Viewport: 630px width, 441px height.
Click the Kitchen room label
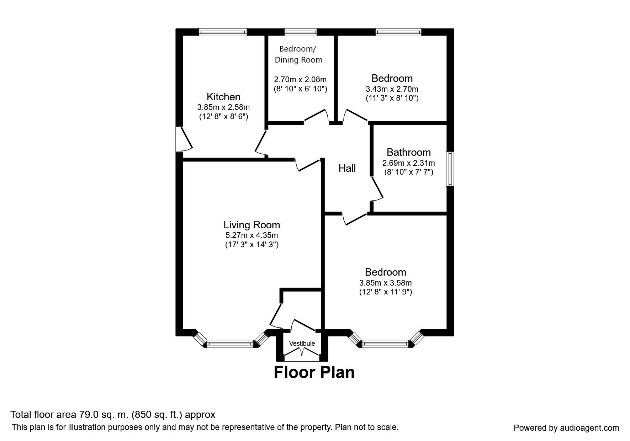223,97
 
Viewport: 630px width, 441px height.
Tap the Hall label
347,168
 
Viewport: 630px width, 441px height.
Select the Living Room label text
252,225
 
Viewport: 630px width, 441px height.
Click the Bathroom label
408,152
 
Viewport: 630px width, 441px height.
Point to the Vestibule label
302,344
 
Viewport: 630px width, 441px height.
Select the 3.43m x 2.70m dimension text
392,89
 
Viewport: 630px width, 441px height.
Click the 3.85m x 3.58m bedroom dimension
385,283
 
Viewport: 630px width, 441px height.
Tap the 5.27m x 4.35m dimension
252,235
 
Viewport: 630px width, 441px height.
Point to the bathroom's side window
450,169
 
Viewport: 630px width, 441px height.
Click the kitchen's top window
223,32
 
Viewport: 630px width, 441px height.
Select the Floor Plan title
314,372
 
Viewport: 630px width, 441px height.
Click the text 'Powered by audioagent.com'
566,428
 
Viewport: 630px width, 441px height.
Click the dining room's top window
300,32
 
